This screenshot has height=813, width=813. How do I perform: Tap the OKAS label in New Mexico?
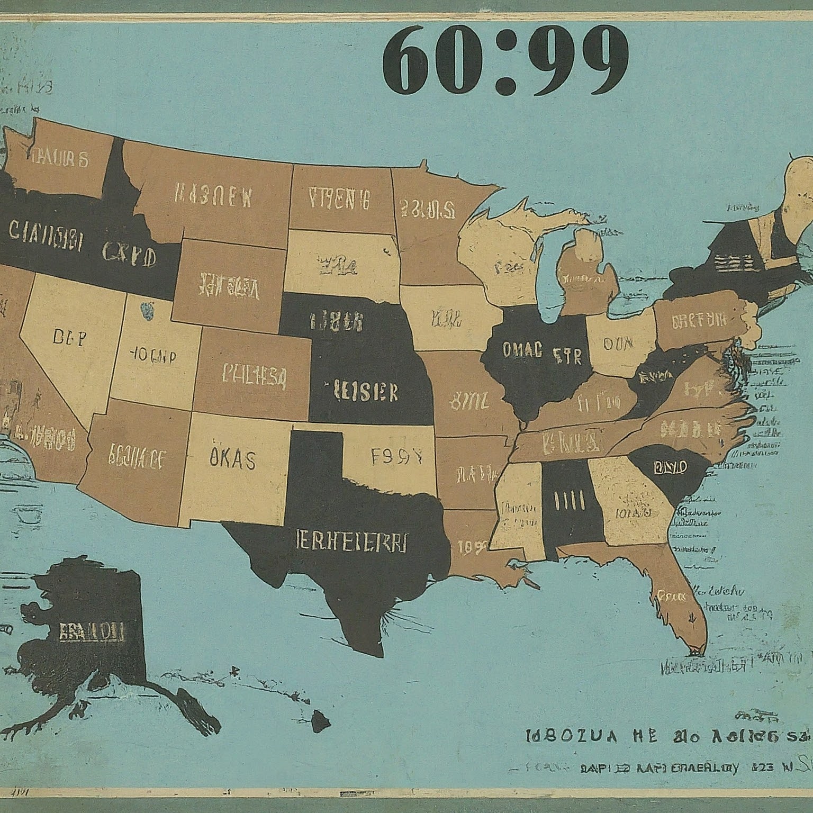click(232, 459)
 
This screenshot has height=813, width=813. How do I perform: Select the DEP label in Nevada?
click(69, 338)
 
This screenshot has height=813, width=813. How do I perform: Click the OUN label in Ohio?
click(618, 344)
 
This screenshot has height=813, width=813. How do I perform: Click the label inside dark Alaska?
click(92, 631)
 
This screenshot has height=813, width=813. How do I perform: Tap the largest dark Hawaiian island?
click(320, 720)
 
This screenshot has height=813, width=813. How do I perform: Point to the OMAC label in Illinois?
click(522, 349)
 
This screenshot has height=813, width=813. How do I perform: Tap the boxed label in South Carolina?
click(670, 467)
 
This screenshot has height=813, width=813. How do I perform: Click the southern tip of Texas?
click(375, 654)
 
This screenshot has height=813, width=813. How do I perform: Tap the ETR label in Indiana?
click(567, 356)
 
